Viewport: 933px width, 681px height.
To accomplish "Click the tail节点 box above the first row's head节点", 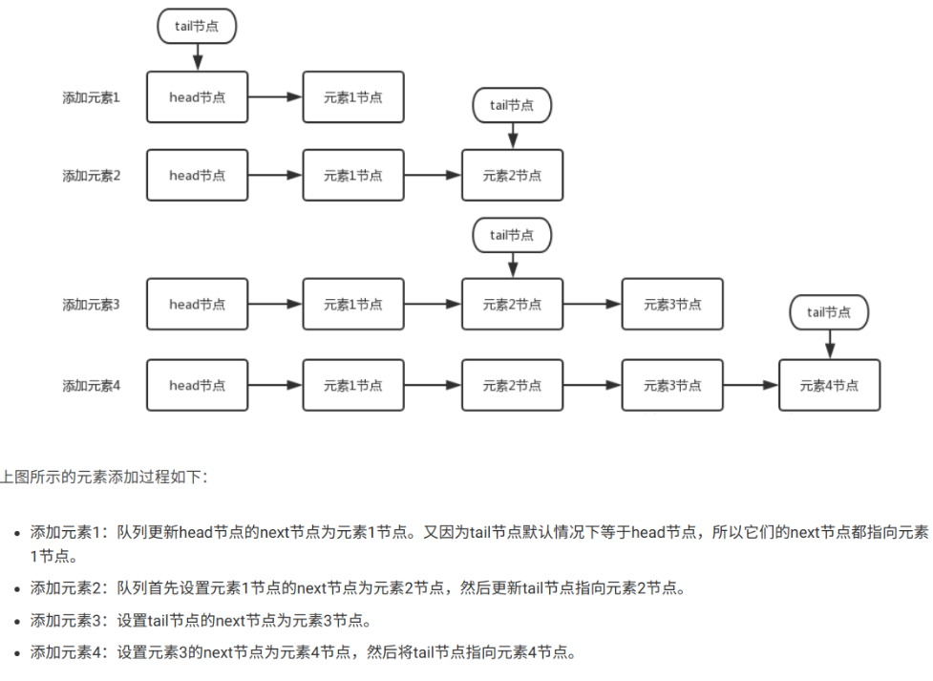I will pos(197,27).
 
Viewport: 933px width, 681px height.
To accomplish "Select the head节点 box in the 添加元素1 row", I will pos(197,96).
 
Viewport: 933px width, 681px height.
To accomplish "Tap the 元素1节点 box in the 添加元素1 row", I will pos(353,96).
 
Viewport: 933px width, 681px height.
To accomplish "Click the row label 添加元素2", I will pos(92,176).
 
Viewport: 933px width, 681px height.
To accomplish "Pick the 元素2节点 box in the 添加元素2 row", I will pos(512,176).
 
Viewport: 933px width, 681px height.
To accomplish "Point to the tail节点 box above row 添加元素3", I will pos(512,235).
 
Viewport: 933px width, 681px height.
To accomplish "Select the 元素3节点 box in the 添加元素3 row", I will pos(672,305).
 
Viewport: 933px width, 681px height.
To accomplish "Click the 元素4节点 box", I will pos(829,386).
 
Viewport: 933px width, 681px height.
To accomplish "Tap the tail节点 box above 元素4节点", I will pos(829,312).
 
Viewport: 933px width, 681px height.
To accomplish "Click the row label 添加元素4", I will pos(92,386).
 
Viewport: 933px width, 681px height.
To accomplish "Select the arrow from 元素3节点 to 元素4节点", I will pos(751,386).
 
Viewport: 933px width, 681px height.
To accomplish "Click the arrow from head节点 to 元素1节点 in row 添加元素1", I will pos(275,96).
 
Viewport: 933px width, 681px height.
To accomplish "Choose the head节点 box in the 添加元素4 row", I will pos(197,386).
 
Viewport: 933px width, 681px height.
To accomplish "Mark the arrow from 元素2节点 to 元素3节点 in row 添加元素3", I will pos(592,305).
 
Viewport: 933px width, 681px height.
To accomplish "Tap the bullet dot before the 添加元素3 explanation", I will pos(17,622).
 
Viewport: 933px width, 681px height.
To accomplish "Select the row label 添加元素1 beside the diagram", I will pos(92,96).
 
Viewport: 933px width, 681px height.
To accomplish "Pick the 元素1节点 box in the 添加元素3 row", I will pos(353,305).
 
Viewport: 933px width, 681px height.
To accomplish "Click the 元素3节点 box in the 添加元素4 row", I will pos(672,386).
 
